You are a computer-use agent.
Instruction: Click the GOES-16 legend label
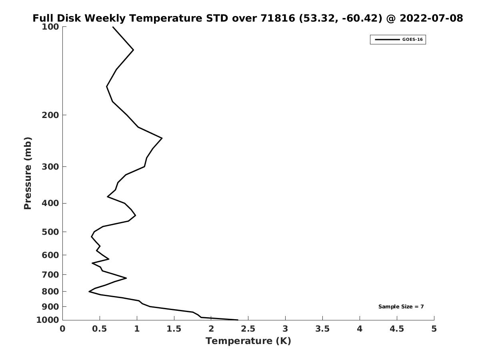(412, 40)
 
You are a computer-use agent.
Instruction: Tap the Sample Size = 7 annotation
(401, 307)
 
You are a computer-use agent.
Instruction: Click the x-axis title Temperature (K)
(248, 341)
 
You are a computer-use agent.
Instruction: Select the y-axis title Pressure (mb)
(28, 173)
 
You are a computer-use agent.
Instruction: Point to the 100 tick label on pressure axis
(50, 27)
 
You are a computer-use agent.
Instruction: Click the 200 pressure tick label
(50, 115)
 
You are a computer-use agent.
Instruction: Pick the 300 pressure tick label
(50, 166)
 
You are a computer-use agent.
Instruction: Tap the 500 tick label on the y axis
(50, 232)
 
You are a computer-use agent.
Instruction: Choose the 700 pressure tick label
(50, 274)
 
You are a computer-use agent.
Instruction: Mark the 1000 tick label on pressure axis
(48, 320)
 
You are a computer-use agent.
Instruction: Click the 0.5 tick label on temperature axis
(100, 329)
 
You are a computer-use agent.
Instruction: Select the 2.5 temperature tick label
(248, 329)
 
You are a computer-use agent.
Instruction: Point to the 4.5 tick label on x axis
(397, 329)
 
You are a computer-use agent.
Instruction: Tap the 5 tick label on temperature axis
(434, 329)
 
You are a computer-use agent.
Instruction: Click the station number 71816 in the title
(278, 18)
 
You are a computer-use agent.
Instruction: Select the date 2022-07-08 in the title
(431, 18)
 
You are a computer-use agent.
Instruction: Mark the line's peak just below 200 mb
(162, 138)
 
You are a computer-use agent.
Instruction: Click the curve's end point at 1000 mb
(238, 320)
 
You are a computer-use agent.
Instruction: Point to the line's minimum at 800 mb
(89, 291)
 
